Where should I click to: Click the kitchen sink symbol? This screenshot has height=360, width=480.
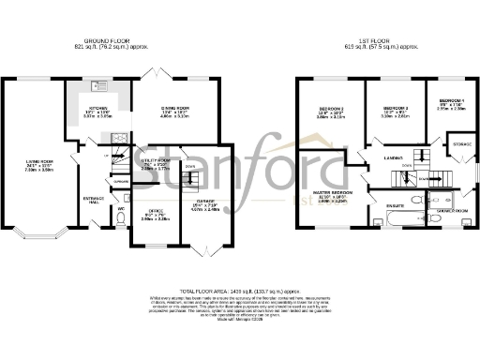click(x=97, y=86)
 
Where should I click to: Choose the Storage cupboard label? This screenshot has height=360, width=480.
click(x=461, y=144)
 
